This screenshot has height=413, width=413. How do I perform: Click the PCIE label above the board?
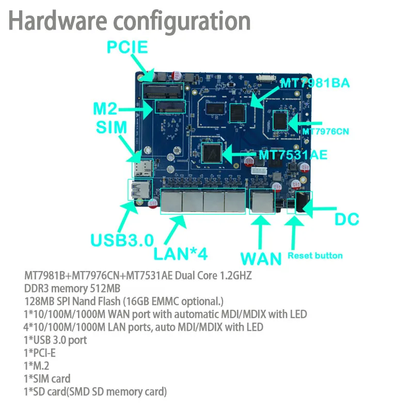pyautogui.click(x=127, y=49)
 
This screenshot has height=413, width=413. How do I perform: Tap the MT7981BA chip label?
pyautogui.click(x=315, y=83)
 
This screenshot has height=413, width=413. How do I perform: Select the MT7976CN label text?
pyautogui.click(x=326, y=132)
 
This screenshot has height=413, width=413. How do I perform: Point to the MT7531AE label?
pyautogui.click(x=293, y=154)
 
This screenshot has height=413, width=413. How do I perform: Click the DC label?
pyautogui.click(x=347, y=219)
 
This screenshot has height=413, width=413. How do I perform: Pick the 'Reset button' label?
pyautogui.click(x=315, y=255)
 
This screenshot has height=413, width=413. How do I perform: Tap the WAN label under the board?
pyautogui.click(x=261, y=258)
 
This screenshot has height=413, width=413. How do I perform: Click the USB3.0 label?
pyautogui.click(x=122, y=240)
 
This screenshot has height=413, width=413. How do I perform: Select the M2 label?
pyautogui.click(x=105, y=109)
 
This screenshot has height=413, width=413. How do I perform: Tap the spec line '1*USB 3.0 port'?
pyautogui.click(x=56, y=340)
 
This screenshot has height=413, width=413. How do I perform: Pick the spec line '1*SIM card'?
pyautogui.click(x=47, y=379)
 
